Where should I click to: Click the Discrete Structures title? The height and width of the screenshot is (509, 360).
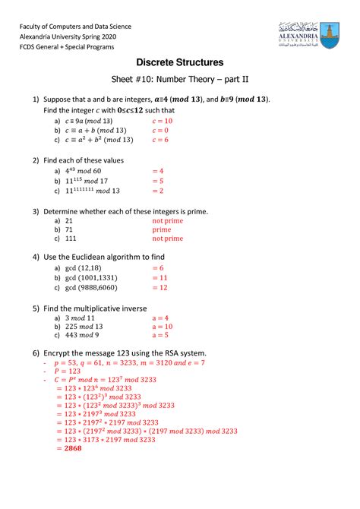point(179,62)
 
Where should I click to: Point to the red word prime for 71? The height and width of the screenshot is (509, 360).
point(162,228)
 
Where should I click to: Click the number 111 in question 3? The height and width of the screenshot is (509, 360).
point(73,238)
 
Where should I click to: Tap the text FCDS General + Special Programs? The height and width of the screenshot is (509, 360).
point(66,46)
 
